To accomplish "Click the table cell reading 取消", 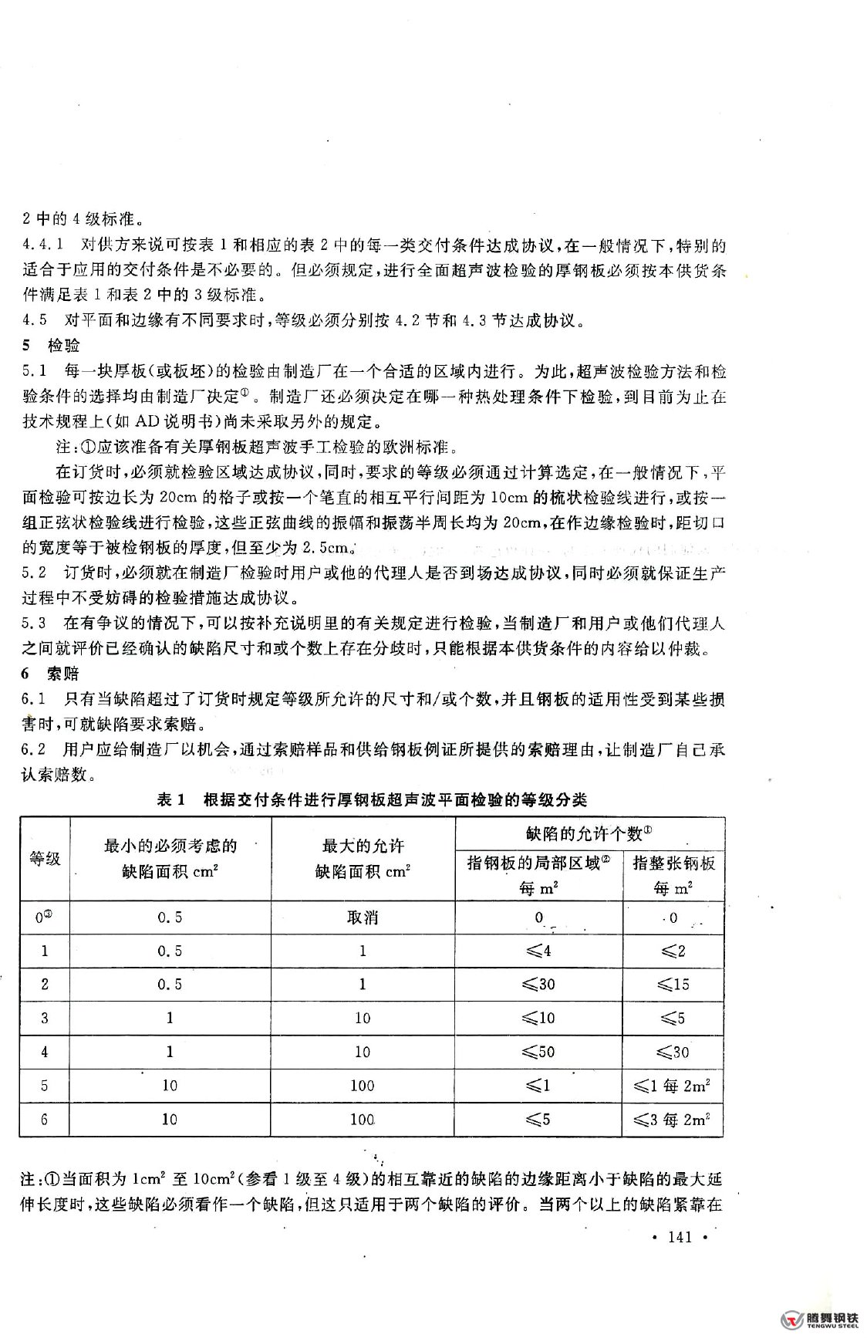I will [x=363, y=917].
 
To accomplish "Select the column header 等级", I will [x=45, y=858].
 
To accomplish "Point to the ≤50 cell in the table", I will [x=538, y=1052].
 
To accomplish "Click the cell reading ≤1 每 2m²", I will [x=673, y=1086].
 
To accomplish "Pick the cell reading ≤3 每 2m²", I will [x=673, y=1119].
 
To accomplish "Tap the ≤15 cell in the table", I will [x=673, y=985].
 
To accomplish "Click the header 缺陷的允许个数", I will [x=589, y=833].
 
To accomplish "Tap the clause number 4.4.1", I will [x=42, y=246].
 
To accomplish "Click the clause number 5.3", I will [x=35, y=623].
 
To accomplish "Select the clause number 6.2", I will [x=35, y=749].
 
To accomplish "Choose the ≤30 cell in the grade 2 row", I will [x=538, y=985].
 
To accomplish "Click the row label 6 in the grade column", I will [x=45, y=1119].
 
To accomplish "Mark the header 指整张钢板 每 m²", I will [x=673, y=874].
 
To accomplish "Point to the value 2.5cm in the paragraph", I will [x=326, y=549].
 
